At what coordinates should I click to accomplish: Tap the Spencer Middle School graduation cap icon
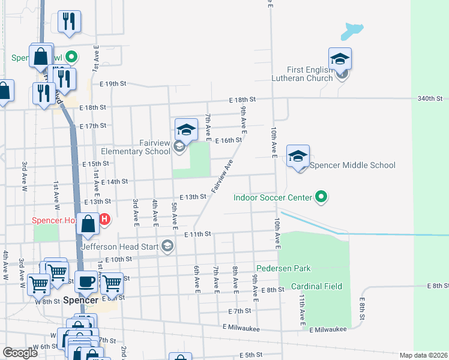click(x=298, y=157)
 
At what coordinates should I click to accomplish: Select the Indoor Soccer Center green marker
click(x=322, y=197)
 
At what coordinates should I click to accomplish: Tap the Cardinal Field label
click(x=316, y=287)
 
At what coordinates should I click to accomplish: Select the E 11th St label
click(x=198, y=234)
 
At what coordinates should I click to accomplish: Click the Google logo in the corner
click(x=20, y=353)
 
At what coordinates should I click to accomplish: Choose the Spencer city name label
click(x=80, y=299)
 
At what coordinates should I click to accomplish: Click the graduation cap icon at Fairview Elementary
click(x=186, y=129)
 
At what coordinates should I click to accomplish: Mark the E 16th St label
click(x=228, y=140)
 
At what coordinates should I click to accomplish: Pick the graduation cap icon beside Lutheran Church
click(x=340, y=59)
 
